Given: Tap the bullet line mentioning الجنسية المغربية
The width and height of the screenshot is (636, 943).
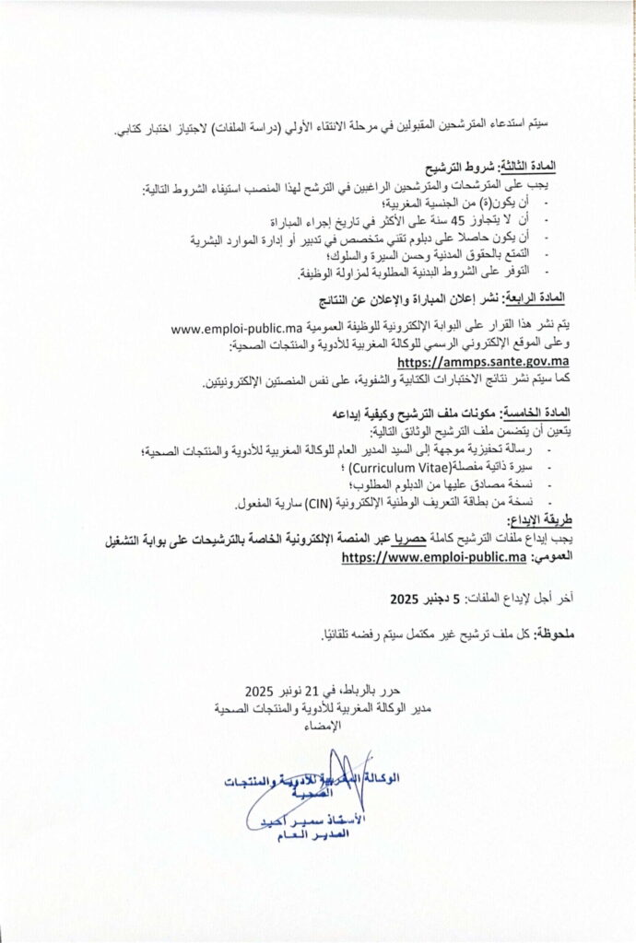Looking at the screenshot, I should coord(478,205).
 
